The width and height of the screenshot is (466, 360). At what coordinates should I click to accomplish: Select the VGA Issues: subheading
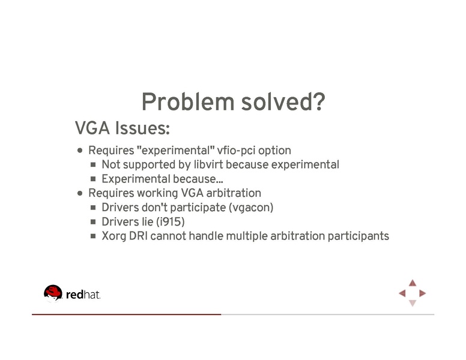(123, 128)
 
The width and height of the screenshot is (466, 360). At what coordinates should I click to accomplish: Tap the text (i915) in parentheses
(170, 222)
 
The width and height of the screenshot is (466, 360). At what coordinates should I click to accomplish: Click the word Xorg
(113, 236)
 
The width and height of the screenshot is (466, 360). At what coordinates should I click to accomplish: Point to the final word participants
(358, 236)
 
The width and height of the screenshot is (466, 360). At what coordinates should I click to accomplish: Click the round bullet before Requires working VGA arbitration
(80, 194)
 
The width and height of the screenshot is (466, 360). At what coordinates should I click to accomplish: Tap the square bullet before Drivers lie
(94, 223)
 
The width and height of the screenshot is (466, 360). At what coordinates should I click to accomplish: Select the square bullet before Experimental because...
(94, 179)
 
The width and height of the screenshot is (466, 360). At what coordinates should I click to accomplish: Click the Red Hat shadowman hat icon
(53, 292)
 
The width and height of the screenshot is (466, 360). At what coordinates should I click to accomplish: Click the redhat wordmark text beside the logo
(83, 295)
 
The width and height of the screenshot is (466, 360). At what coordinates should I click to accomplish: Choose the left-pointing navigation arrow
(402, 293)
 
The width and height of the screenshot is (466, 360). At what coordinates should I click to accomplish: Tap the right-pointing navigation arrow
(423, 293)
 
